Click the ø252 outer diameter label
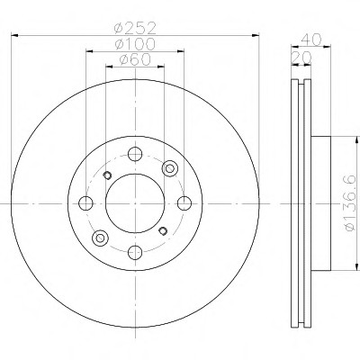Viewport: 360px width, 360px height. coord(135,28)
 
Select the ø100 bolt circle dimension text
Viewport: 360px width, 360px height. coord(135,44)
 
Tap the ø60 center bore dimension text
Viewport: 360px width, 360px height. coord(135,59)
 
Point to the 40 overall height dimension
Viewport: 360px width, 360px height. coord(311,39)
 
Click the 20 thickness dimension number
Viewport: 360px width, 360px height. coord(301,58)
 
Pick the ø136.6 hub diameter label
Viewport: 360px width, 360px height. coord(351,203)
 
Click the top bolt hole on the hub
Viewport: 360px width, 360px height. coord(135,154)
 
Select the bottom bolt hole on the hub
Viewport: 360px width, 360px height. coord(135,253)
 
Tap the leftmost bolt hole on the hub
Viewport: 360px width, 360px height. coord(85,203)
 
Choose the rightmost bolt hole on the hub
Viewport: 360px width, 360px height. coord(184,203)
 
